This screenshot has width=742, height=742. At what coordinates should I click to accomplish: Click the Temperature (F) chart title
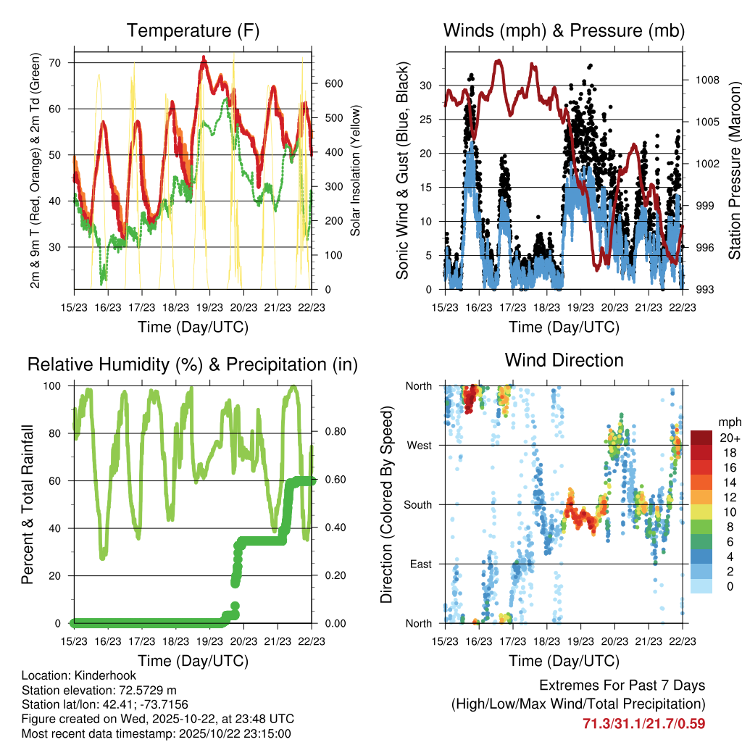click(x=193, y=31)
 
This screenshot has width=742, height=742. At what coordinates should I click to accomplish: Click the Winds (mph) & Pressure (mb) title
click(x=564, y=31)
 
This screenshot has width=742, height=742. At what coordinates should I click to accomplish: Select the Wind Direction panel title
click(x=564, y=360)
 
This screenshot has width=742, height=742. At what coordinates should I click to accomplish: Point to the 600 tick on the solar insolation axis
click(x=333, y=83)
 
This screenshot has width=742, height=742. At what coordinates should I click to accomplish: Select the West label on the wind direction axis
click(x=420, y=446)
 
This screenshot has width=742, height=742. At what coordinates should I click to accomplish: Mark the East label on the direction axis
click(x=420, y=564)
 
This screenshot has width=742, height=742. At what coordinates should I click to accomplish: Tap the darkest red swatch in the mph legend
click(x=701, y=438)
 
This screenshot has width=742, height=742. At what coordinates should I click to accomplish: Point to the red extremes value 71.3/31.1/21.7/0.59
click(x=643, y=723)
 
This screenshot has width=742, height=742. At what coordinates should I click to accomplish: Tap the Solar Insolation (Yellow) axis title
click(x=356, y=170)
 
